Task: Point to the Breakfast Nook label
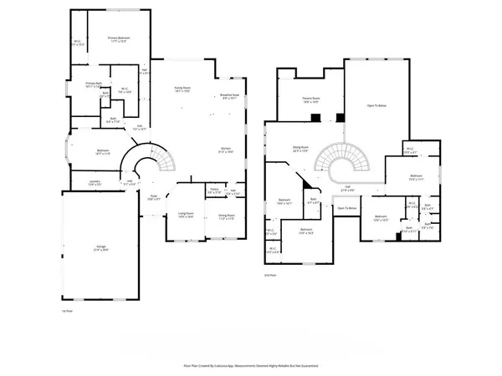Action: pyautogui.click(x=230, y=97)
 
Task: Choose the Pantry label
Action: pyautogui.click(x=215, y=191)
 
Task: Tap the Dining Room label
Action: pyautogui.click(x=227, y=216)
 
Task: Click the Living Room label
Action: pyautogui.click(x=186, y=216)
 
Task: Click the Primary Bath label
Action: pyautogui.click(x=93, y=84)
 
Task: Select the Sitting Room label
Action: pyautogui.click(x=300, y=149)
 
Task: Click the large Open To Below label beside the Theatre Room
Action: pyautogui.click(x=376, y=106)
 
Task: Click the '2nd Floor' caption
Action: pyautogui.click(x=269, y=274)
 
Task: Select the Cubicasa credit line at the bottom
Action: pyautogui.click(x=251, y=365)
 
